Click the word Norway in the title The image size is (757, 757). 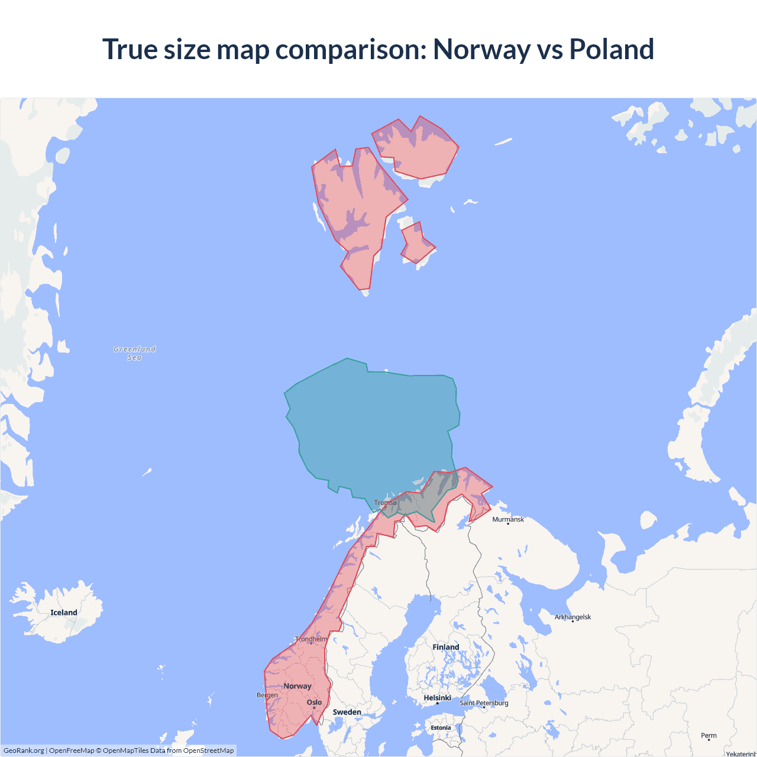(x=481, y=49)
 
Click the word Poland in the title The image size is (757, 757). (x=611, y=49)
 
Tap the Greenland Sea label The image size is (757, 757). (x=135, y=353)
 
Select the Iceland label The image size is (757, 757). (x=64, y=613)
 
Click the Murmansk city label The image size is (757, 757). (x=508, y=519)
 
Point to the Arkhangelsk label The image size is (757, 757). (x=572, y=617)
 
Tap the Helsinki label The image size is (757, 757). (x=438, y=698)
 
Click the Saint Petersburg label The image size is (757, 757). (x=484, y=703)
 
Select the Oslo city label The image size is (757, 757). (x=314, y=703)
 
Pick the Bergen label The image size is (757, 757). (x=267, y=695)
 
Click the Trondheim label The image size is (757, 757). (x=311, y=639)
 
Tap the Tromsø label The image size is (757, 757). (x=386, y=503)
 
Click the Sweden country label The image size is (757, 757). (x=347, y=712)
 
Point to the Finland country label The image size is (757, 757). (x=445, y=647)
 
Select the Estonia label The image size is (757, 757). (x=441, y=728)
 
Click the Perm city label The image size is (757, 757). (x=709, y=736)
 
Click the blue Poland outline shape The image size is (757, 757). (x=373, y=426)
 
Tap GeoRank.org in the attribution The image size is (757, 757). (x=24, y=750)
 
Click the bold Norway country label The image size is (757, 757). (x=297, y=686)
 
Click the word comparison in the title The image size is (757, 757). (x=351, y=49)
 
